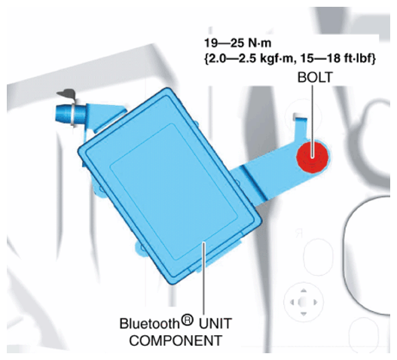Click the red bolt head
click(x=313, y=157)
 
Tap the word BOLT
click(x=315, y=78)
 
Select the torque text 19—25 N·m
click(x=238, y=43)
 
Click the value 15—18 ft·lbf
click(x=337, y=59)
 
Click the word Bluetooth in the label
click(x=149, y=324)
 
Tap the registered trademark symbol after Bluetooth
click(x=187, y=320)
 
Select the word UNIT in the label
click(x=215, y=324)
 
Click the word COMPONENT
click(x=176, y=340)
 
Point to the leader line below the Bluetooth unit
click(x=203, y=278)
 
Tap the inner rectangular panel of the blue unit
click(x=174, y=192)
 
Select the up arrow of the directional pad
click(x=304, y=291)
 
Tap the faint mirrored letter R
click(x=298, y=233)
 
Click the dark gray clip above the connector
click(x=66, y=93)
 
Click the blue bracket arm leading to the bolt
click(x=273, y=172)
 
